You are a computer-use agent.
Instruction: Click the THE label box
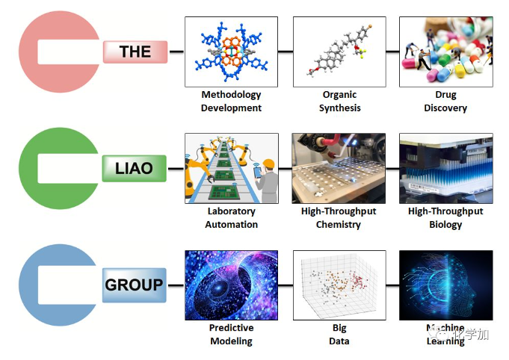click(x=135, y=52)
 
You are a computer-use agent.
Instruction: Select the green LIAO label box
click(x=134, y=169)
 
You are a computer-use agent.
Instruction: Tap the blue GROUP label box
click(x=134, y=285)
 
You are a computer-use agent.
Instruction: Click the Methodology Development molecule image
click(x=231, y=52)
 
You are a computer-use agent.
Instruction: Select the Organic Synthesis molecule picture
click(x=339, y=52)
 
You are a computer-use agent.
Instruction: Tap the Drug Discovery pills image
click(x=445, y=52)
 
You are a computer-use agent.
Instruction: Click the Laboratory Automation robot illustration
click(x=231, y=168)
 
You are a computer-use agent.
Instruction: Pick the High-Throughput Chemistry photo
click(x=339, y=168)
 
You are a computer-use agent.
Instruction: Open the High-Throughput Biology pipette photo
click(x=445, y=168)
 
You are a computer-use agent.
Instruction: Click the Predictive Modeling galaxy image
click(x=231, y=285)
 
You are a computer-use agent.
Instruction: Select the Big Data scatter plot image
click(x=339, y=285)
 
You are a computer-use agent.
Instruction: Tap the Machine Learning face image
click(x=445, y=285)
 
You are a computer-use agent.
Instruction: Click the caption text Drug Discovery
click(x=445, y=102)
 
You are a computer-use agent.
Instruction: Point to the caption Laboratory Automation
click(x=232, y=218)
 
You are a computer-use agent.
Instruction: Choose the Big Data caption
click(x=339, y=335)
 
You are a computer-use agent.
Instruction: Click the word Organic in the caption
click(x=339, y=95)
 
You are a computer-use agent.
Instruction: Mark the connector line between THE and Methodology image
click(x=176, y=52)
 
